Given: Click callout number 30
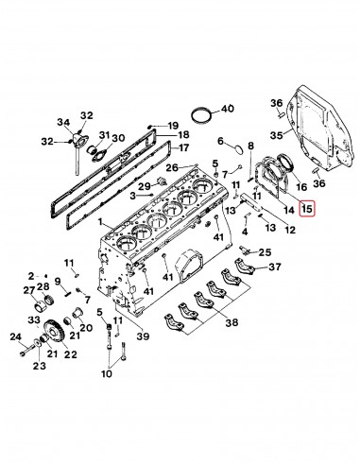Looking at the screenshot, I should tap(118, 139).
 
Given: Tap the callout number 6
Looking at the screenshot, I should tap(220, 142).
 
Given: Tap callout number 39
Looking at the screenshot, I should tap(142, 336).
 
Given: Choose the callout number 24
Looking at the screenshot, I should tap(15, 336).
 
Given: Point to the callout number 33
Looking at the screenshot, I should tap(34, 320).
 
